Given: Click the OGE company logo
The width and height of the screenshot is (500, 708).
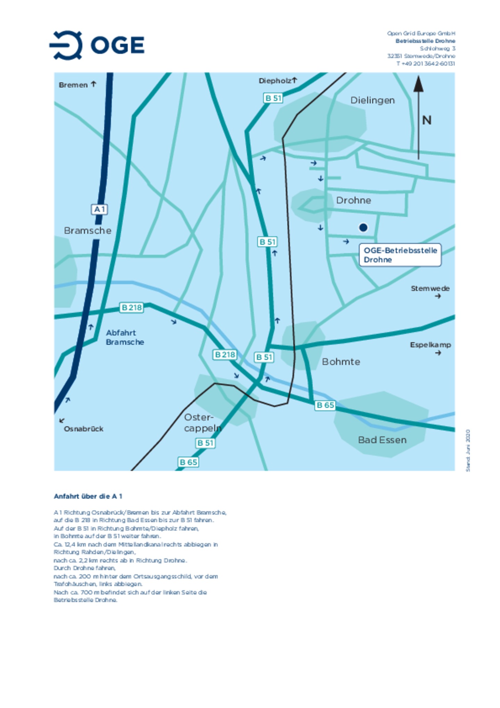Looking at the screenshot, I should tap(97, 45).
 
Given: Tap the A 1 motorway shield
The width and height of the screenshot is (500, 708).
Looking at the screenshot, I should tap(99, 209).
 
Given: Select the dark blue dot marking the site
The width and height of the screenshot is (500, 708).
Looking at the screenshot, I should tap(363, 227).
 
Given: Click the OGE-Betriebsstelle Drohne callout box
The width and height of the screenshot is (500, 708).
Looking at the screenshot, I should tap(400, 255).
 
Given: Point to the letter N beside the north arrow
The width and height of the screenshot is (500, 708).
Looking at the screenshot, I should tap(426, 120).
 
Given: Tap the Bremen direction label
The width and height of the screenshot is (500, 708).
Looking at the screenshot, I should tap(73, 85).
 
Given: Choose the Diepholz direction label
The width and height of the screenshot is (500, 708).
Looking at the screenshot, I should tap(275, 81).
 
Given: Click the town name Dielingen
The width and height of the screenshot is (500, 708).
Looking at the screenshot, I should tap(372, 100).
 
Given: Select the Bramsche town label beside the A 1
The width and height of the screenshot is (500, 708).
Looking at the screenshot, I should tap(87, 230).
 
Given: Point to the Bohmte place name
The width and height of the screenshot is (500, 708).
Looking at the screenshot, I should tap(341, 362).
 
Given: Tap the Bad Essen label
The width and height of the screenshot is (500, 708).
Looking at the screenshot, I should tap(382, 440).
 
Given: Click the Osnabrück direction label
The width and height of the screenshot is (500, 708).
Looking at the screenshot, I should tap(83, 429).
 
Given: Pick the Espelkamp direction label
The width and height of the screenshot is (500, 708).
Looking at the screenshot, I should tap(430, 345).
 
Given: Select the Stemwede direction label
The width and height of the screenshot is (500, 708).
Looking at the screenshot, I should tap(430, 288).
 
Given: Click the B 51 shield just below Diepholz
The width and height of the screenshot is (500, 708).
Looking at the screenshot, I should tap(273, 98).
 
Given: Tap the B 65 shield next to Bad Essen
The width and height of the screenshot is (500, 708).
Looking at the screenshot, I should tap(325, 405).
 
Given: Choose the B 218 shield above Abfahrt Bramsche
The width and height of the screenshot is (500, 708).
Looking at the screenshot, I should tap(131, 307).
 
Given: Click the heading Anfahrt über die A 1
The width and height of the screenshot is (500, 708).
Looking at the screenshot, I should tap(88, 496).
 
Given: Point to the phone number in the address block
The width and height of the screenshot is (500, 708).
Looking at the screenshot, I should tap(425, 64).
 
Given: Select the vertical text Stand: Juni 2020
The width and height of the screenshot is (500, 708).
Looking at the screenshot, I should tap(468, 450).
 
